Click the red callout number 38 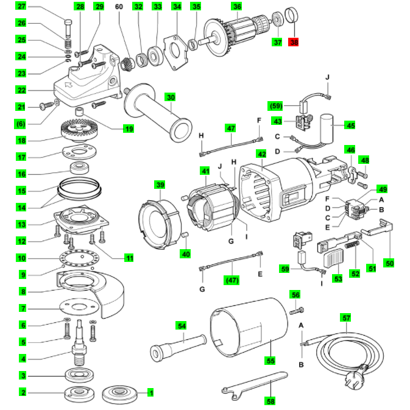click(x=295, y=43)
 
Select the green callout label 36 click(x=236, y=7)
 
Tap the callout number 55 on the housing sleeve click(x=270, y=360)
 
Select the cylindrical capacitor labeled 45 click(x=330, y=125)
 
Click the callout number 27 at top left click(x=22, y=7)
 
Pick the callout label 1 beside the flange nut click(x=150, y=392)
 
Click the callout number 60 click(x=129, y=258)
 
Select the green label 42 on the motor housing click(x=261, y=154)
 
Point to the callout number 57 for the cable click(x=346, y=317)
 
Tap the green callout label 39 click(x=160, y=185)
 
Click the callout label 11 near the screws click(x=129, y=258)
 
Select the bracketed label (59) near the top click(x=277, y=105)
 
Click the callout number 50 click(x=389, y=263)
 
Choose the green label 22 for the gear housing click(x=22, y=90)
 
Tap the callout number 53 click(x=337, y=278)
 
